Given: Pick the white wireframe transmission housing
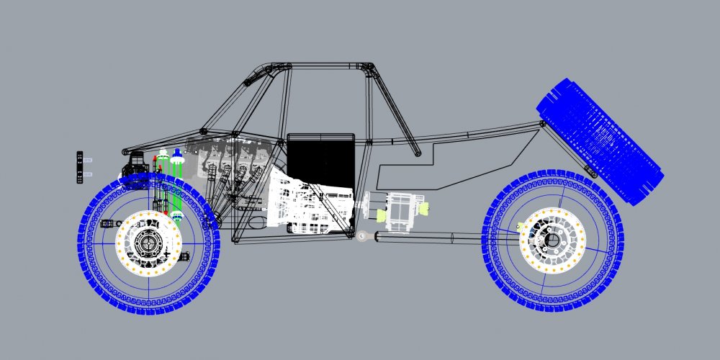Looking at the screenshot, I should point(310,205).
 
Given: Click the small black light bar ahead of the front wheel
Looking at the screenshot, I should point(81,168).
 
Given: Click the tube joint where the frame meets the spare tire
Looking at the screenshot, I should point(542,125).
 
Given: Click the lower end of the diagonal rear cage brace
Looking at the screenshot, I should point(415,152).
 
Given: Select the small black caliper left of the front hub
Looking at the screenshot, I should point(109,223).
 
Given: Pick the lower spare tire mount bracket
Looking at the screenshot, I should point(590,171).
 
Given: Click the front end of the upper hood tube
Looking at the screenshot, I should point(127,151).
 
